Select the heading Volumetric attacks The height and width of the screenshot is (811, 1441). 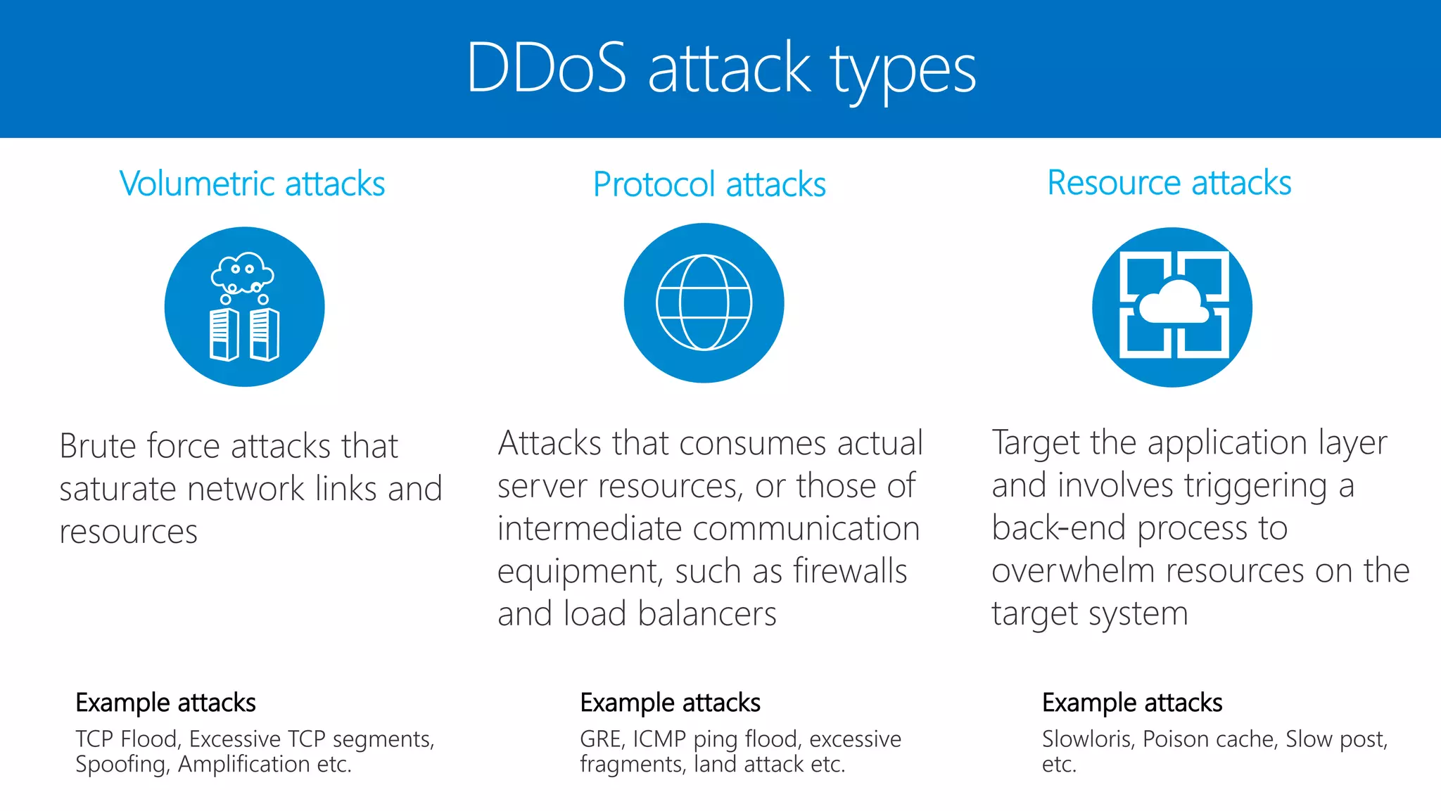click(252, 184)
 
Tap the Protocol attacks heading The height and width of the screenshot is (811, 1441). click(709, 185)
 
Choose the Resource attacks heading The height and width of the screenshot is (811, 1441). click(1169, 183)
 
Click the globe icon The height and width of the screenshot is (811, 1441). click(704, 302)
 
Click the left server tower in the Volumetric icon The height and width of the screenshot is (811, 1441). click(224, 334)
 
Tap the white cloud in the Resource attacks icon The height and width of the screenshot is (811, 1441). click(1173, 303)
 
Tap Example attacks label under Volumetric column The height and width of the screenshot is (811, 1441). click(165, 703)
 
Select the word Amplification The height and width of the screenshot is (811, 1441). click(243, 765)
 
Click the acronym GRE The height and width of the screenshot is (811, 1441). click(601, 739)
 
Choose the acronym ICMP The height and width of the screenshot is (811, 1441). click(659, 739)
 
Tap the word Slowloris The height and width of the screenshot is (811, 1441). click(1088, 739)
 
